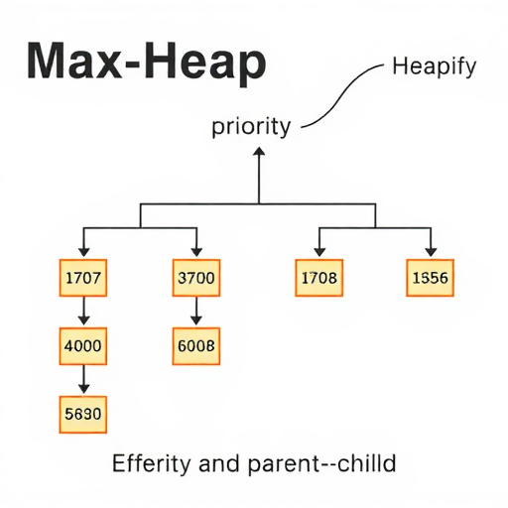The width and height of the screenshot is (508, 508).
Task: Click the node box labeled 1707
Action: pos(83,278)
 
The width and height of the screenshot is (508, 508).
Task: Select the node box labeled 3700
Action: pos(196,278)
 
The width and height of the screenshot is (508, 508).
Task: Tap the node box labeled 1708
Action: pos(319,278)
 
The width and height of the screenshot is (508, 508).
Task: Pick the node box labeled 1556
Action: pos(430,278)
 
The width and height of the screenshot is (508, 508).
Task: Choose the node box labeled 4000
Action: pos(83,346)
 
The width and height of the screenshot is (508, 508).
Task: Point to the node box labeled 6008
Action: pos(196,346)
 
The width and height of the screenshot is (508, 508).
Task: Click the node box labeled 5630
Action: pos(83,415)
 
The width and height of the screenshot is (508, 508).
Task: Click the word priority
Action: pos(251,127)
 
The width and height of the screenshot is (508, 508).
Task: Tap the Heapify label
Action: pos(435,67)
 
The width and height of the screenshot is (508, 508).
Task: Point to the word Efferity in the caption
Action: pos(152,463)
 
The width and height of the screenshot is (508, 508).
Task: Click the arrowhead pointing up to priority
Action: pos(259,152)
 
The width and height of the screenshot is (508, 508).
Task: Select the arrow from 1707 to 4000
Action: pos(83,311)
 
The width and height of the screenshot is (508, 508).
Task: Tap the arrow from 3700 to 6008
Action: pos(196,311)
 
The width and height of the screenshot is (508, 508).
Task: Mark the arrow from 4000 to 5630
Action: pos(83,379)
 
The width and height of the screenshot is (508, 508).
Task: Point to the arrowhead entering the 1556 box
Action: pos(431,252)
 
